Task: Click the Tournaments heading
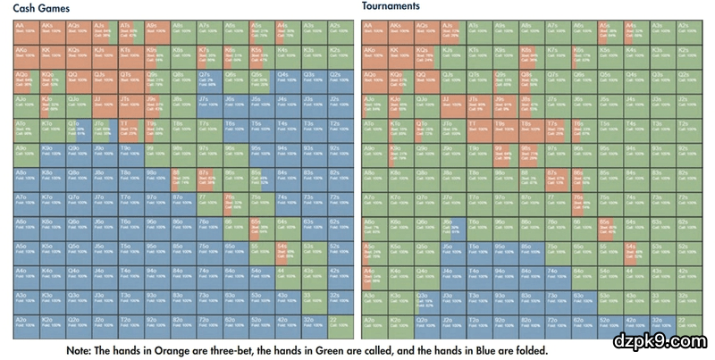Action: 391,6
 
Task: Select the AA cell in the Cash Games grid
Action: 26,29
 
